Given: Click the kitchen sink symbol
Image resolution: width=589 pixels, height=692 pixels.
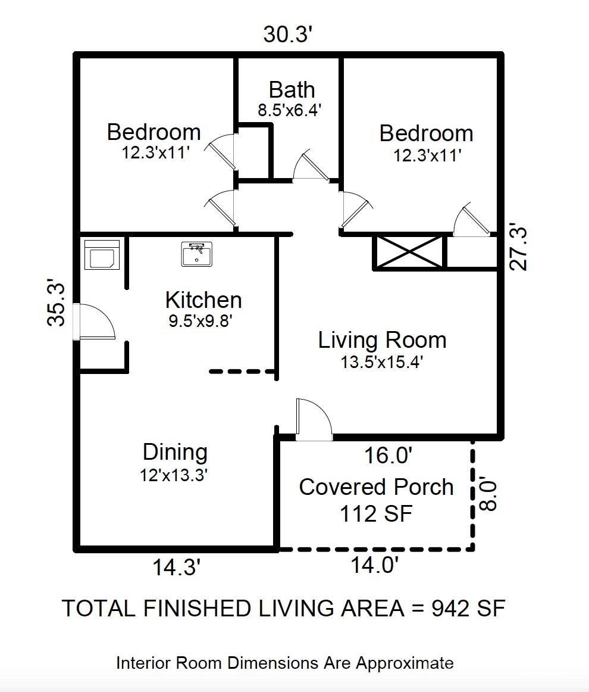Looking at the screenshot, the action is (x=196, y=254).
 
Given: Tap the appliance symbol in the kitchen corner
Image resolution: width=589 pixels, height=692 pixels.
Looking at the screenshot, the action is (x=102, y=255).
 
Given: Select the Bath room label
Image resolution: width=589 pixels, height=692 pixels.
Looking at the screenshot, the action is (x=292, y=90).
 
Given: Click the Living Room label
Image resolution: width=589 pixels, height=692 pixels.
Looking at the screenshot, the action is (x=382, y=340).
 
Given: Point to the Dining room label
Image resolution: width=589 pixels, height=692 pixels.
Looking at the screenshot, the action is (x=175, y=453).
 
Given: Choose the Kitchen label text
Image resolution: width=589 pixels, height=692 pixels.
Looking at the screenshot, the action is (x=203, y=300).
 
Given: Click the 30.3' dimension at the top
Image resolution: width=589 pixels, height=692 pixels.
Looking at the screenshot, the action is (x=289, y=35).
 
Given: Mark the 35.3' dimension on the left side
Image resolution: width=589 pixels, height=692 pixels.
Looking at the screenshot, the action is (x=56, y=302).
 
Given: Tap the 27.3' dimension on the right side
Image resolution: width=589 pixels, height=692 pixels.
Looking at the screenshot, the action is (x=518, y=248).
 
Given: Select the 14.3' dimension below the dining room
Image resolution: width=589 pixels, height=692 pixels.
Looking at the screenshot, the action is (x=177, y=568).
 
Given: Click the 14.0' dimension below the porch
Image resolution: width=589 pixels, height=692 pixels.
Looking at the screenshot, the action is (x=375, y=565).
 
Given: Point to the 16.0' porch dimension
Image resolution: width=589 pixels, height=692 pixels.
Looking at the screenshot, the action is (x=389, y=456).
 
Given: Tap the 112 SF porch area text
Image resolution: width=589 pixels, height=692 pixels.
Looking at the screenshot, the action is (x=376, y=514).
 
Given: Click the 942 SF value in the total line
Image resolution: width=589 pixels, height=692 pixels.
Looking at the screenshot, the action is (x=468, y=608).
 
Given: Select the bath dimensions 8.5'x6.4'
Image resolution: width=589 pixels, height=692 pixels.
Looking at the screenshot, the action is (x=289, y=110).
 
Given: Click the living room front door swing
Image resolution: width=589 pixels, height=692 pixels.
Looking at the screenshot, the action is (x=314, y=419).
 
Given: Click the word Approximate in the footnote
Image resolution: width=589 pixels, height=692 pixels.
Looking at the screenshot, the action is (x=405, y=663).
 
